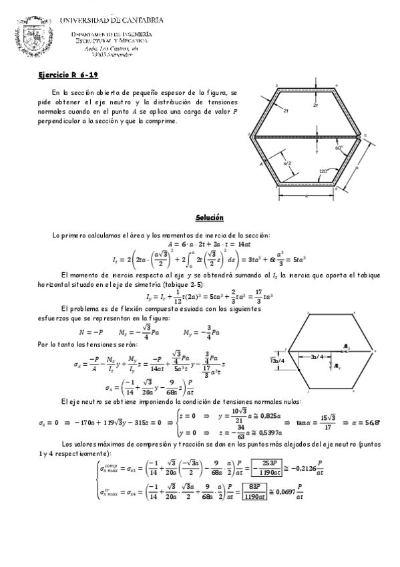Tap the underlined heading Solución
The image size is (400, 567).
(209, 219)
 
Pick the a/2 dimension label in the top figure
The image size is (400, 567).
(287, 163)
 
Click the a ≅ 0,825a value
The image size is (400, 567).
(274, 416)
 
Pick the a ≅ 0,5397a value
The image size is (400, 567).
(274, 432)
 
